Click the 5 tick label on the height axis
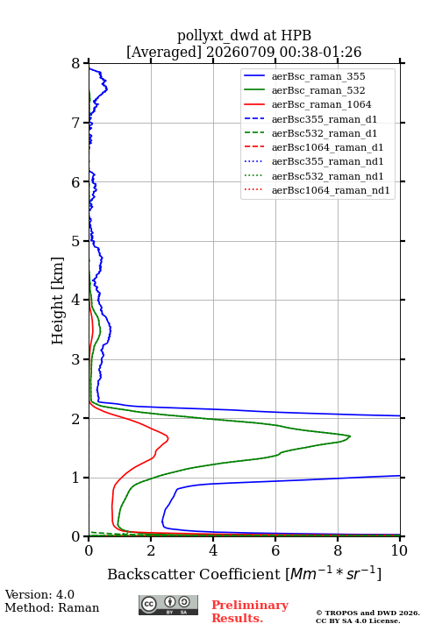(75, 241)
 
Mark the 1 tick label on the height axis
(75, 478)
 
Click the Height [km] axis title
(58, 301)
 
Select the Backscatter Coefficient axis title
(244, 573)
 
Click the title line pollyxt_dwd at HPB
(244, 36)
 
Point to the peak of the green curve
(350, 436)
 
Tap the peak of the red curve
(168, 438)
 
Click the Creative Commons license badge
(168, 605)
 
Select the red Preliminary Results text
(250, 612)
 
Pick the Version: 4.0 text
(39, 594)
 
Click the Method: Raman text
(52, 607)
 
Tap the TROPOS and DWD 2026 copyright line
(367, 613)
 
